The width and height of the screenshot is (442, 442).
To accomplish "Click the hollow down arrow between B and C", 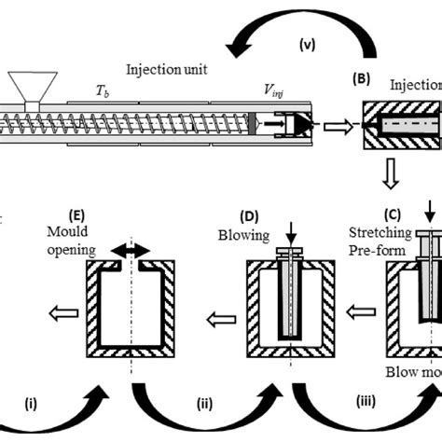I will pos(394,174).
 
